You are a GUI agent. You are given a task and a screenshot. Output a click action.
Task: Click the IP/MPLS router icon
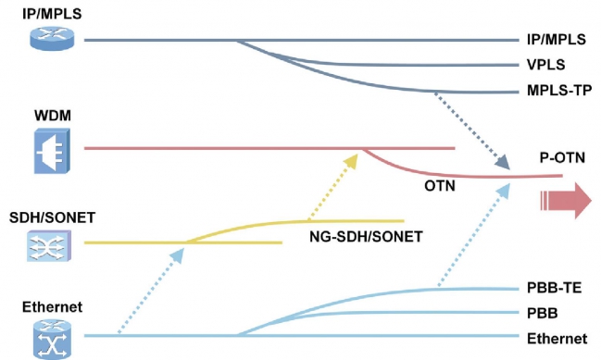[52, 38]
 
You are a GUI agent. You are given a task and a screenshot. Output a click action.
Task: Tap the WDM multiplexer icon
[52, 151]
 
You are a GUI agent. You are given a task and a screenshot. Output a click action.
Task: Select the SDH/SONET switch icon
[49, 246]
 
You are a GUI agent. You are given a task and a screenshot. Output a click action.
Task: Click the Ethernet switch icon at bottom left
[52, 340]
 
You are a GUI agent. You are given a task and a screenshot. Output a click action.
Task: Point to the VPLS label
[545, 65]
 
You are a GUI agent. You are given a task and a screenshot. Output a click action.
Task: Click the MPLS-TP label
[559, 91]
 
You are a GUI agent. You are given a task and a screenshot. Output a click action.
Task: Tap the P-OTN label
[562, 157]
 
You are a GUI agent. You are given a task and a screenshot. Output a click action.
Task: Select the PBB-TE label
[555, 288]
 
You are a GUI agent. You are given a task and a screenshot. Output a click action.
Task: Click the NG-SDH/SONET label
[366, 237]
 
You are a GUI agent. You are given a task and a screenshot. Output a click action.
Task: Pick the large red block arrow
[566, 201]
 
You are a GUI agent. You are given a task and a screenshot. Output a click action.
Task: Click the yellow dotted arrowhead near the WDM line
[351, 161]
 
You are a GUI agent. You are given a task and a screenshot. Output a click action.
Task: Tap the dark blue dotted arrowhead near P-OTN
[502, 162]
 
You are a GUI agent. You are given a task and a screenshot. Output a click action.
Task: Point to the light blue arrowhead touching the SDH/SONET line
[177, 255]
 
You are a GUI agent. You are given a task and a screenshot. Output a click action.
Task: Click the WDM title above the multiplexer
[53, 116]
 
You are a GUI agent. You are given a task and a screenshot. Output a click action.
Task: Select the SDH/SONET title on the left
[52, 217]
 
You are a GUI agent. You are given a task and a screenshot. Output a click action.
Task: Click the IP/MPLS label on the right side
[557, 39]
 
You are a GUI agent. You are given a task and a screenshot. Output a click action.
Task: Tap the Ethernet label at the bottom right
[557, 339]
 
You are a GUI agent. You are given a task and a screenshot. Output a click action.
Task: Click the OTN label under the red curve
[440, 186]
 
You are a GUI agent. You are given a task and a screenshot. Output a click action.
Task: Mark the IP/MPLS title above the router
[52, 13]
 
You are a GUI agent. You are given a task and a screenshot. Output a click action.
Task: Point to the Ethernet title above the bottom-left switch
[52, 306]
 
